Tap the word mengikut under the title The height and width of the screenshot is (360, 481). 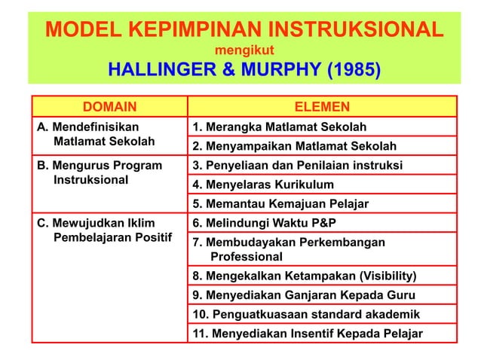(240, 51)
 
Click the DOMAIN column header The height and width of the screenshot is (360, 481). (109, 107)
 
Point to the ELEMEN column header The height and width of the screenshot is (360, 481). (321, 107)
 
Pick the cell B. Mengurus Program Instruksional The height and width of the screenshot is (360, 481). (99, 172)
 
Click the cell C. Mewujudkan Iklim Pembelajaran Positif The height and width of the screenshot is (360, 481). (105, 231)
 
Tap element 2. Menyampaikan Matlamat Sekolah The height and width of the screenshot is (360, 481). (295, 146)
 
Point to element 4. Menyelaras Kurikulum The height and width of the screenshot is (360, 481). (263, 185)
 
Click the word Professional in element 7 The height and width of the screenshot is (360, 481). (246, 256)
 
